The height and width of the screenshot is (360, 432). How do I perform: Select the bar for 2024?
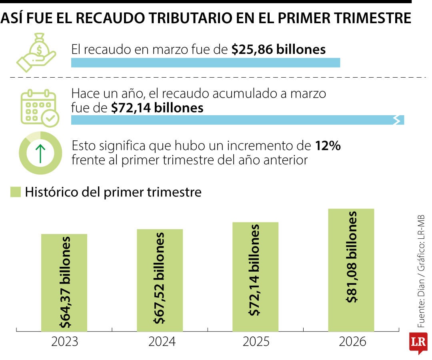160,280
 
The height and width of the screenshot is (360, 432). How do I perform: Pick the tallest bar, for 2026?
351,270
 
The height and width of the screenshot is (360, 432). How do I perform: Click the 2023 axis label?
64,342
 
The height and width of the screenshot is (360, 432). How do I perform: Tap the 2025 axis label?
256,342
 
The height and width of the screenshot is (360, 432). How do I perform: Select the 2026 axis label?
352,342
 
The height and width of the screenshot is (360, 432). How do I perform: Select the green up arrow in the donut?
40,153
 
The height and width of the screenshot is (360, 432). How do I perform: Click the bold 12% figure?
328,146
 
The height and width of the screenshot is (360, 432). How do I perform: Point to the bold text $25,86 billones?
278,50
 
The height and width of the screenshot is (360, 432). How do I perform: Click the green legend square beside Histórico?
15,192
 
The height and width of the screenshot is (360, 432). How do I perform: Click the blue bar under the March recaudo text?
205,63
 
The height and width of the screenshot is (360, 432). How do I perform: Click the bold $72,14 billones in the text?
157,108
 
